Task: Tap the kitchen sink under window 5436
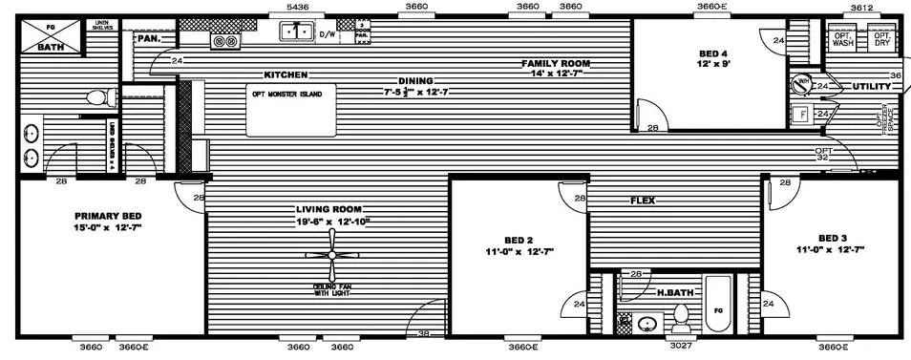click(297, 32)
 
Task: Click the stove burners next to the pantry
click(224, 42)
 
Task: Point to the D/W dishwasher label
click(327, 34)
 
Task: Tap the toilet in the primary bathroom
click(95, 97)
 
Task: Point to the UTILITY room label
click(871, 87)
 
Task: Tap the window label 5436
click(299, 7)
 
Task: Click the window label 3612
click(862, 7)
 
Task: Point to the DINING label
click(416, 80)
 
